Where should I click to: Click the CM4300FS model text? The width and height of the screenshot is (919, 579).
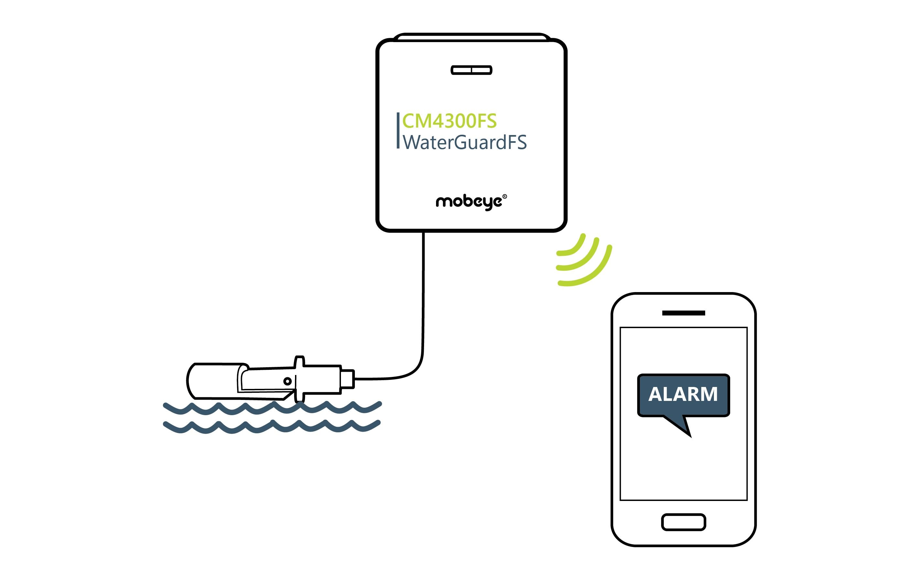449,121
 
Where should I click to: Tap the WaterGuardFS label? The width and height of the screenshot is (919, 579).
465,142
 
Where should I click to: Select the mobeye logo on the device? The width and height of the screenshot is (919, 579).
469,202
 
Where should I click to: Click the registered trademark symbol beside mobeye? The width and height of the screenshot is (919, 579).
505,197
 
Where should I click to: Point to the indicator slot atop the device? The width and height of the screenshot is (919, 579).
471,70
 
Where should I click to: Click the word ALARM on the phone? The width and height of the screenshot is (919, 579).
683,394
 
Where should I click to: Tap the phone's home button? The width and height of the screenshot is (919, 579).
683,522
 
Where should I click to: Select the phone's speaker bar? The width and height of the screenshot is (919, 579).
683,313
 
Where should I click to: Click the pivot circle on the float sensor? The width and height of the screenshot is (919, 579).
287,381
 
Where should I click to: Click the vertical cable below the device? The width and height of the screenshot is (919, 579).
423,290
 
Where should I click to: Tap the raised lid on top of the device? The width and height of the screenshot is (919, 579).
471,37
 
